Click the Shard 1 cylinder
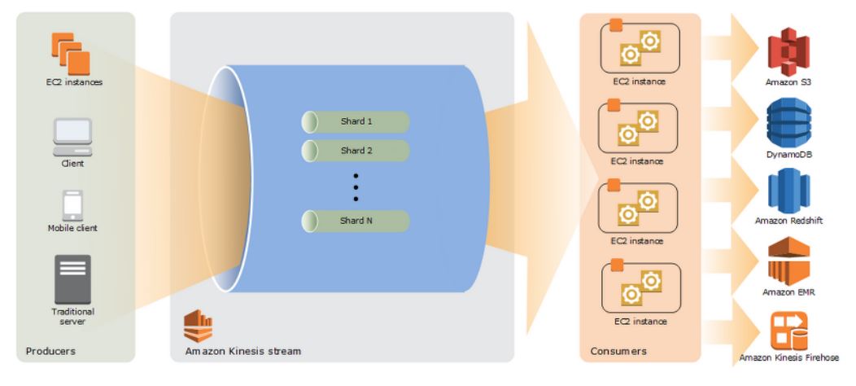(356, 122)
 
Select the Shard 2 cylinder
(356, 151)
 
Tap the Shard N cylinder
(356, 221)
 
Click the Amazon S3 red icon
(788, 50)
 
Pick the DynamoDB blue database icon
(788, 121)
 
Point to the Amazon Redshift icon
(788, 191)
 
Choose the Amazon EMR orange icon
(788, 260)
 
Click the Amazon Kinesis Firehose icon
(788, 329)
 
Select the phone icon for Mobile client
(72, 205)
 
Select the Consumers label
(618, 351)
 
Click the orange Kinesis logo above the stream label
(198, 326)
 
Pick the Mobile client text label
(72, 229)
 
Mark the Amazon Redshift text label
(788, 221)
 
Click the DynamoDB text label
(788, 154)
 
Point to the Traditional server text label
(72, 317)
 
